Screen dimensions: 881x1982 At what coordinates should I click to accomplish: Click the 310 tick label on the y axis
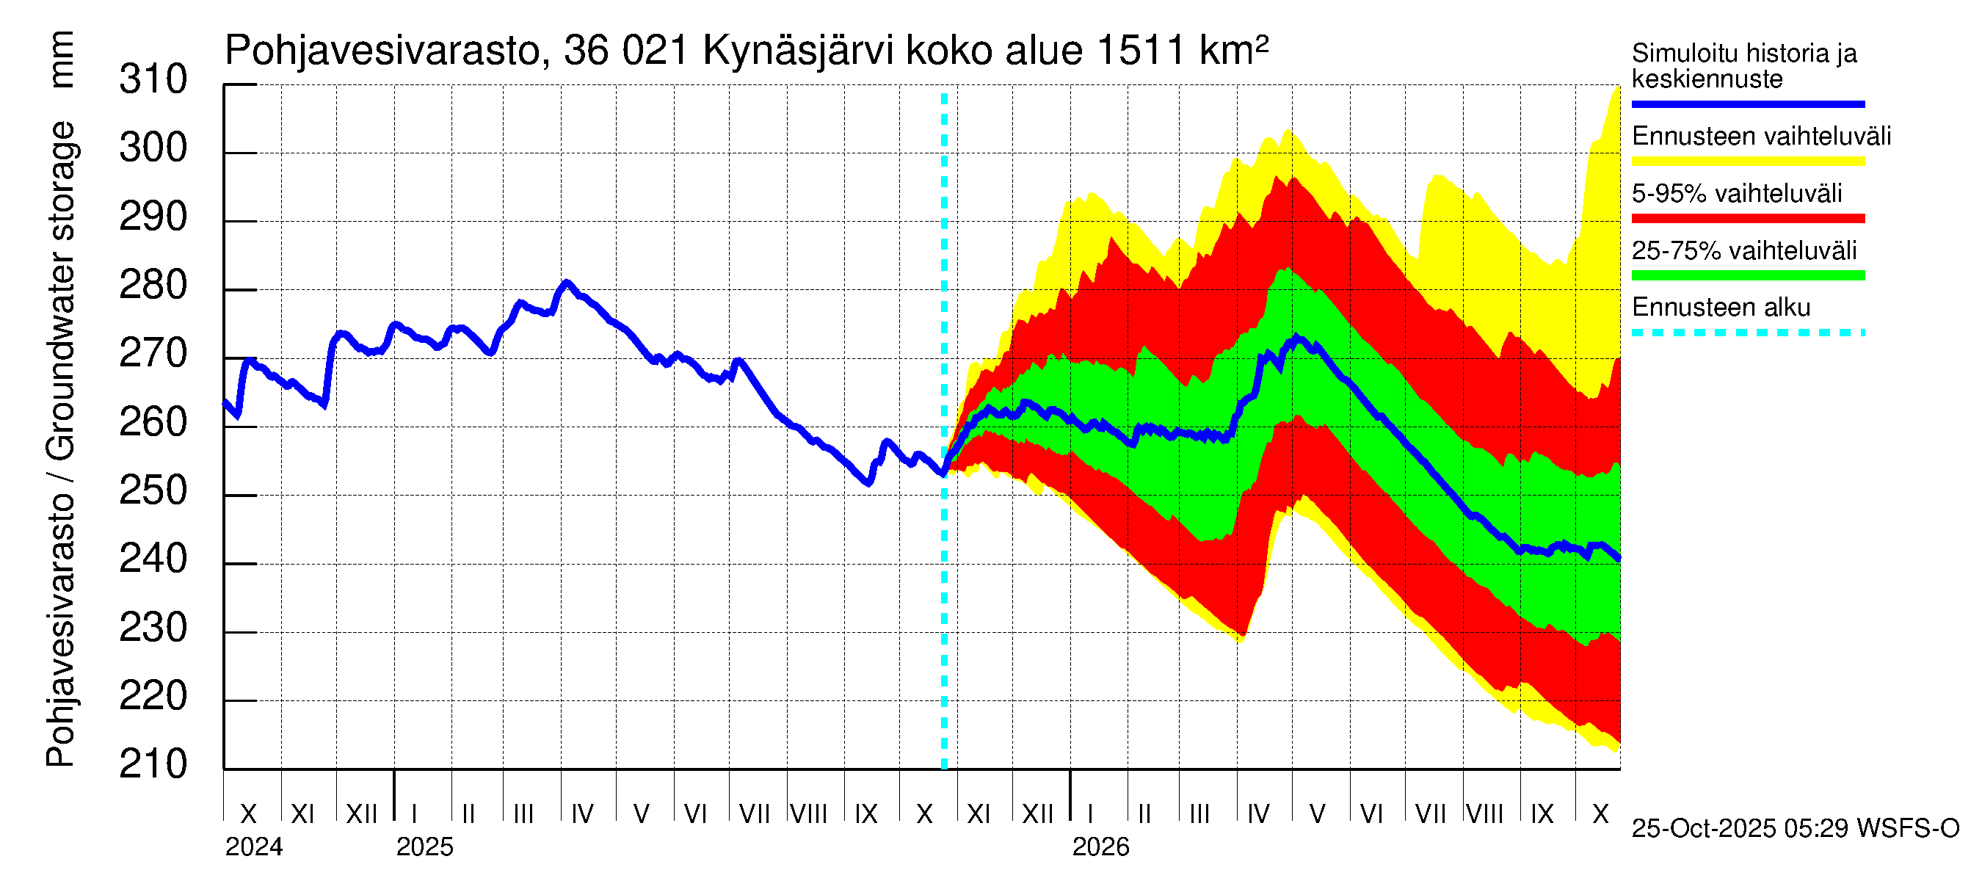[153, 80]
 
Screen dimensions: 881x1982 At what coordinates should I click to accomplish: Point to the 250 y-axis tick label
[153, 491]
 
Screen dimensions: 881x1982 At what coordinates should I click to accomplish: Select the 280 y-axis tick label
[153, 286]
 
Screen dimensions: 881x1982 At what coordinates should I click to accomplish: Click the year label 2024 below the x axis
[254, 847]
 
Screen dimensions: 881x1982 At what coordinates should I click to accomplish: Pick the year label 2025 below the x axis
[425, 847]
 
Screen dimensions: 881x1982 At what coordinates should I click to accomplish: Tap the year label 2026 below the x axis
[1100, 847]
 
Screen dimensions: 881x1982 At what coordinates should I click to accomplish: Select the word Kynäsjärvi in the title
[798, 51]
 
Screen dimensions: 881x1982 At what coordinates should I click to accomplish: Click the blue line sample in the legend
[1747, 104]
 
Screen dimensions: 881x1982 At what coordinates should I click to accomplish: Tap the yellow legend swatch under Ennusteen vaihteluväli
[1747, 162]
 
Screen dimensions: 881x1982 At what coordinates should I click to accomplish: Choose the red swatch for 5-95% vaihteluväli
[1747, 219]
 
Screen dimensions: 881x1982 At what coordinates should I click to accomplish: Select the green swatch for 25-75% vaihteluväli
[1747, 275]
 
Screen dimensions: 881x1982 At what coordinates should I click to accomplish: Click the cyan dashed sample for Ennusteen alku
[1747, 333]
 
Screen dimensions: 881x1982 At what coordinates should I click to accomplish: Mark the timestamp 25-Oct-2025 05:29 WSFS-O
[1795, 829]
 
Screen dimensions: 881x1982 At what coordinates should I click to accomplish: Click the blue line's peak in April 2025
[567, 283]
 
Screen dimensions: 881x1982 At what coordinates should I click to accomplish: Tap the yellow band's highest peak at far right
[1617, 89]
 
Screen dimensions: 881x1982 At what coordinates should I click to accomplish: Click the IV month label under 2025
[582, 814]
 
